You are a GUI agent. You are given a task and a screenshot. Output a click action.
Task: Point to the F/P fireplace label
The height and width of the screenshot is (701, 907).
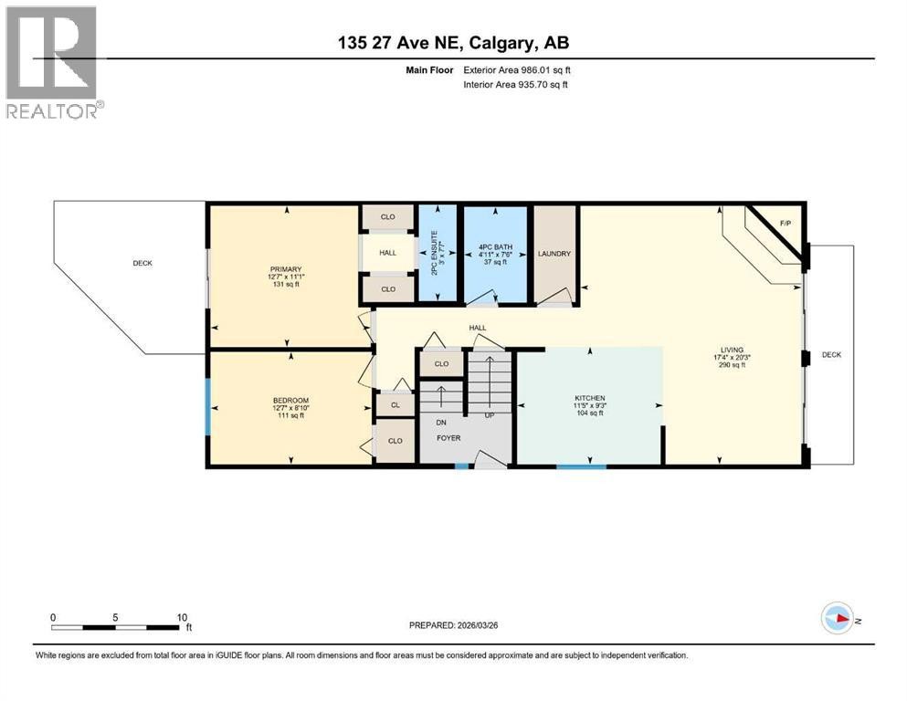tap(785, 223)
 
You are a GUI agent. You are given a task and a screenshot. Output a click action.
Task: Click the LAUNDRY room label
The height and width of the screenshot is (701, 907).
tap(554, 254)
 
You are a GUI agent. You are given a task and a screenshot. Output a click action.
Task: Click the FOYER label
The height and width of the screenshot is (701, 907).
tap(448, 438)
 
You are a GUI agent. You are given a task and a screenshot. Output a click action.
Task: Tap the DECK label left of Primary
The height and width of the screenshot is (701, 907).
tap(142, 263)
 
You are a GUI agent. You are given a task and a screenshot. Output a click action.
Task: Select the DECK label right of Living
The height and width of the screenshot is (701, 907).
tap(831, 354)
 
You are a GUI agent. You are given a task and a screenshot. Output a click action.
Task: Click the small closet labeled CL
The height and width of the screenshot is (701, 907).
tap(395, 404)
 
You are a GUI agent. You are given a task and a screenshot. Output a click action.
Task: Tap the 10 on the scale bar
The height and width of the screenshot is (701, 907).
tap(181, 616)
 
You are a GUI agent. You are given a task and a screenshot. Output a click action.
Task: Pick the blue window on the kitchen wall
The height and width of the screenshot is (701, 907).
tap(582, 466)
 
